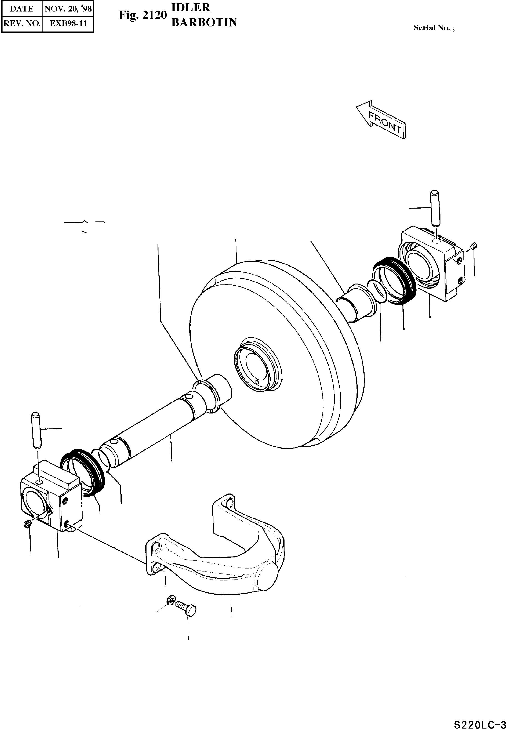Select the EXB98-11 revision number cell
68,23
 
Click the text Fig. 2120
143,15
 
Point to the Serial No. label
434,28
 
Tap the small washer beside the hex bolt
170,600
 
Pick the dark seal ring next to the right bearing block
394,280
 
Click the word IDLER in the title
190,7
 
